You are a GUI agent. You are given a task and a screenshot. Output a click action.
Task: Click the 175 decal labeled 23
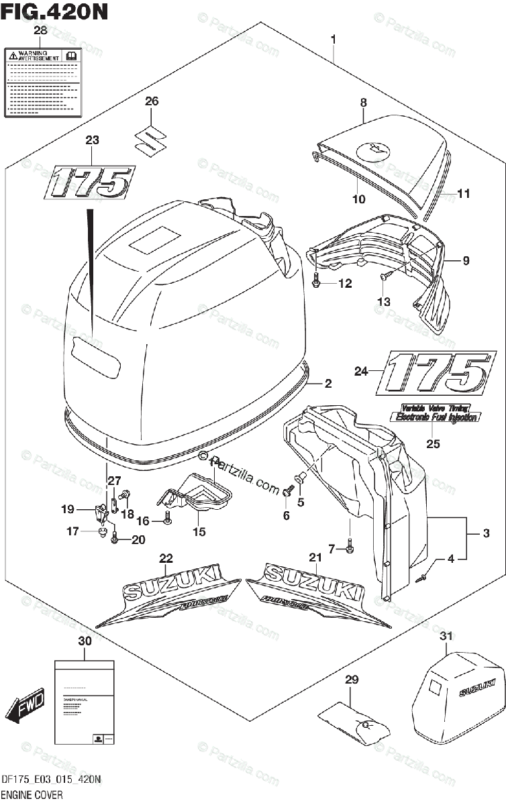point(90,182)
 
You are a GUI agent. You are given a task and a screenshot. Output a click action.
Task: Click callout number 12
point(344,284)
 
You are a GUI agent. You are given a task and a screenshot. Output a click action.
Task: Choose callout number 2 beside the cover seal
point(328,384)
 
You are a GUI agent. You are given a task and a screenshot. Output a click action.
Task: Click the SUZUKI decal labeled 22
point(166,594)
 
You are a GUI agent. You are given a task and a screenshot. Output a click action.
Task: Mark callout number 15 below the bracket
point(199,532)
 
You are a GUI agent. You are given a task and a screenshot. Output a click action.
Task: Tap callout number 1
point(334,39)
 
